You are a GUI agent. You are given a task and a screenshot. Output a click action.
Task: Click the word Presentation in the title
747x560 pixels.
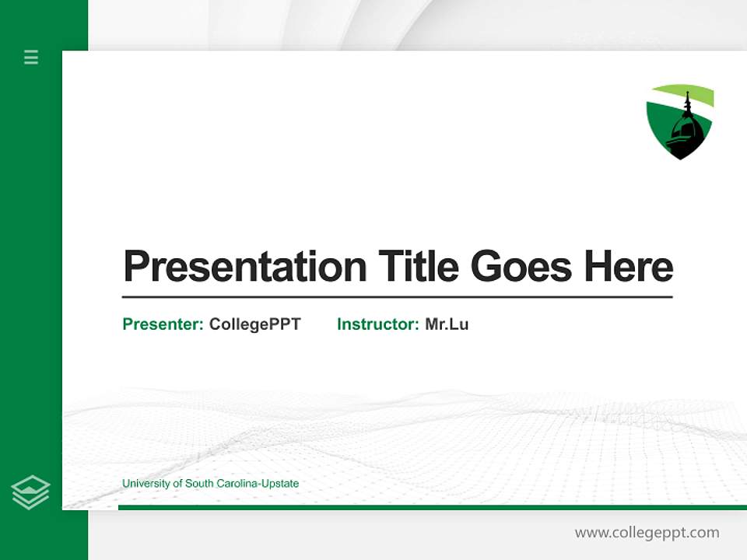tap(244, 267)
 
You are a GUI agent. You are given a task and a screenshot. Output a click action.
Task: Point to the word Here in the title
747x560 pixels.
tap(629, 267)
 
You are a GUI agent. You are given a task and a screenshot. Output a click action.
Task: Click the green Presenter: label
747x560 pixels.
tap(163, 324)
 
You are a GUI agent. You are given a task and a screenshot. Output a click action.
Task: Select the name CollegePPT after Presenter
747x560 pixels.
tap(254, 324)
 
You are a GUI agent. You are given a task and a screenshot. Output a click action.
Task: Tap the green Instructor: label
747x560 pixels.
tap(378, 324)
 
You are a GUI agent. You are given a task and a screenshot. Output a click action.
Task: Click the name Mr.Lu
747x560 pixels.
tap(447, 324)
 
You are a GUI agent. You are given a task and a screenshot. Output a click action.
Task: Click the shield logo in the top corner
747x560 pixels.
tap(680, 121)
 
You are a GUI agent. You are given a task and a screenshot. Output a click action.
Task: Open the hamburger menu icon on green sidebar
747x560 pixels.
tap(31, 57)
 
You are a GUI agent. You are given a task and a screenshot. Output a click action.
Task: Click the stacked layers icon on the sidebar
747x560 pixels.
tap(30, 492)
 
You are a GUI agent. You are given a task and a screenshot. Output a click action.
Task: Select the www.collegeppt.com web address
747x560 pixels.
tap(647, 533)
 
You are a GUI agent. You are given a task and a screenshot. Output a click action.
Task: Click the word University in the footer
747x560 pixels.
tap(146, 484)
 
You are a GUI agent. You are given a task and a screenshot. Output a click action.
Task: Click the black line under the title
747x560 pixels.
tap(397, 297)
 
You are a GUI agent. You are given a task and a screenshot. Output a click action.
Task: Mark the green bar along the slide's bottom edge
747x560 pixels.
tap(432, 507)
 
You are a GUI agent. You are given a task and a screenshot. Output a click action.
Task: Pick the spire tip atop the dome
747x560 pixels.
tap(687, 93)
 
